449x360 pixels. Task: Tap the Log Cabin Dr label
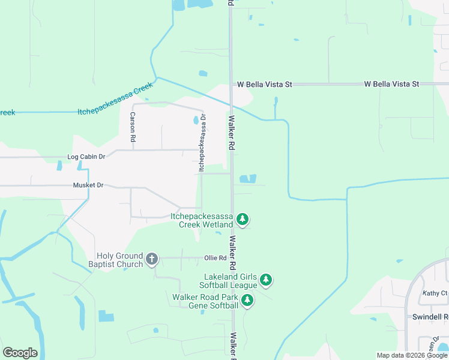pyautogui.click(x=86, y=157)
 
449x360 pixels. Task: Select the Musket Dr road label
pyautogui.click(x=88, y=185)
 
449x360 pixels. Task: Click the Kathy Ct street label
pyautogui.click(x=435, y=293)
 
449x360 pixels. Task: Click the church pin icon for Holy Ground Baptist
pyautogui.click(x=152, y=259)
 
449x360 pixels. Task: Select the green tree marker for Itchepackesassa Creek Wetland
pyautogui.click(x=242, y=220)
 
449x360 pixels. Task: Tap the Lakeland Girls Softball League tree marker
pyautogui.click(x=266, y=280)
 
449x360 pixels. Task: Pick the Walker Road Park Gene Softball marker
pyautogui.click(x=247, y=301)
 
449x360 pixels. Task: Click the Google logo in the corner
pyautogui.click(x=20, y=353)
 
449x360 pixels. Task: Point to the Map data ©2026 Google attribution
pyautogui.click(x=412, y=355)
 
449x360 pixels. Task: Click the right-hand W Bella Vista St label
pyautogui.click(x=391, y=84)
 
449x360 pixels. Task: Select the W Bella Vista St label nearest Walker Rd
pyautogui.click(x=264, y=85)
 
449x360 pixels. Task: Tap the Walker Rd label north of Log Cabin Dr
pyautogui.click(x=231, y=133)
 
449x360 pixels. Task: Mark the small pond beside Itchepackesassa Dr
pyautogui.click(x=196, y=120)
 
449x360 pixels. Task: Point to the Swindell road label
pyautogui.click(x=430, y=316)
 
